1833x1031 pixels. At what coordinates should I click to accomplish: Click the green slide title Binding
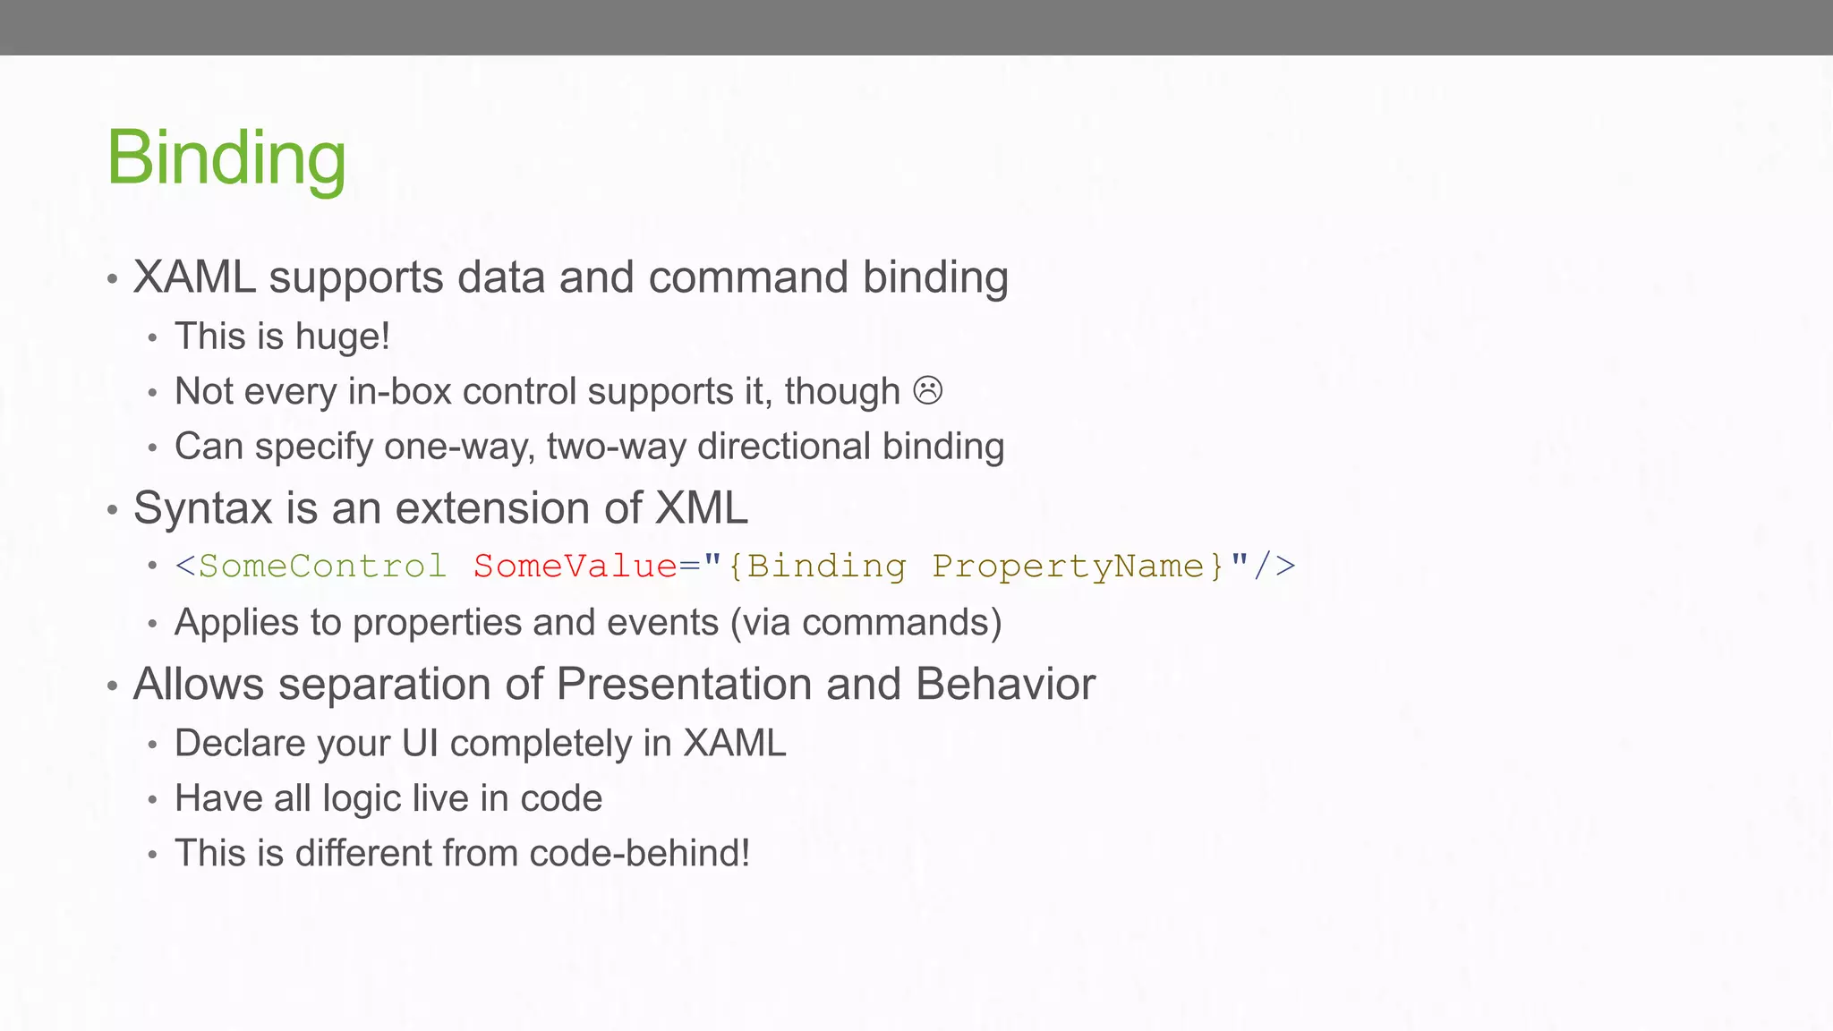[226, 158]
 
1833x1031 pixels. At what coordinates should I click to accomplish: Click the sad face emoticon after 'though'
[927, 391]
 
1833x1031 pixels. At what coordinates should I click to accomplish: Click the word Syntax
[202, 509]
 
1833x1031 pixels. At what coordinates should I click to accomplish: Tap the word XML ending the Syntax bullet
[701, 508]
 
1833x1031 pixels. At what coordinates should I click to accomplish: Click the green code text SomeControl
[322, 566]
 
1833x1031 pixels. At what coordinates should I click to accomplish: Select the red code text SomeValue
[575, 566]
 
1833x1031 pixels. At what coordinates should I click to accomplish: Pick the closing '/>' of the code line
[1274, 566]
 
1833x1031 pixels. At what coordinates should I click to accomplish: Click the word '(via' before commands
[760, 622]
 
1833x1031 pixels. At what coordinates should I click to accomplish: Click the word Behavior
[1005, 685]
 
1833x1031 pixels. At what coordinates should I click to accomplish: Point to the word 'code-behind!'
[639, 853]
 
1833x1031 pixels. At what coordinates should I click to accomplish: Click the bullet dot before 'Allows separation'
[112, 687]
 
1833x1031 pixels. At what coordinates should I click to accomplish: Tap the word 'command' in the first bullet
[748, 277]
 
